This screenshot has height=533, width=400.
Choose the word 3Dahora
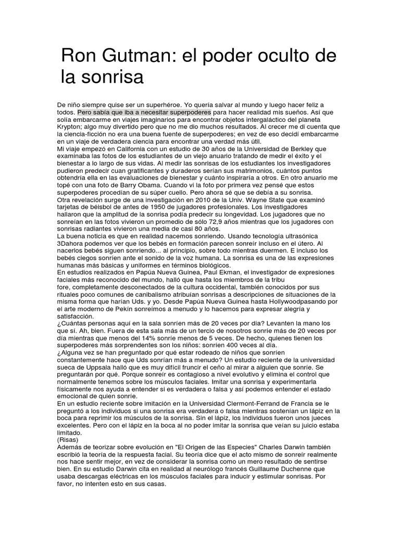pyautogui.click(x=71, y=244)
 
